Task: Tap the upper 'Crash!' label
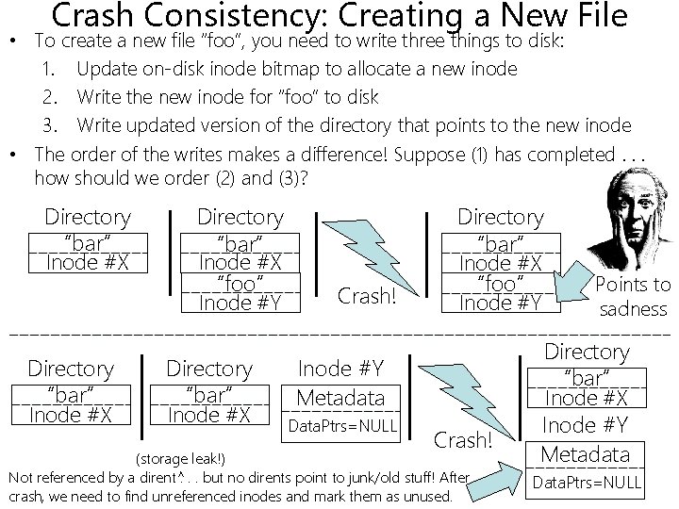tap(367, 296)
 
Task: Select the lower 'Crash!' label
tap(463, 439)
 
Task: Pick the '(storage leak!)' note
tap(181, 459)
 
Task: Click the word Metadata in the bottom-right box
tap(585, 454)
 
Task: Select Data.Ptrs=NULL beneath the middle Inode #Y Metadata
tap(342, 426)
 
